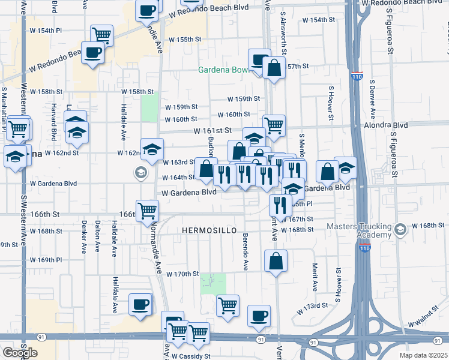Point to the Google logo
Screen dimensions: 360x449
point(20,353)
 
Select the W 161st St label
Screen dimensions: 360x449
point(212,130)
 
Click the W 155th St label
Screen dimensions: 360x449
point(184,40)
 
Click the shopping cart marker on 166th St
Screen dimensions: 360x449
point(147,211)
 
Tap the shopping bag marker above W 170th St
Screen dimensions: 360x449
point(276,261)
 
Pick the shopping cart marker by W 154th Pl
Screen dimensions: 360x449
point(102,35)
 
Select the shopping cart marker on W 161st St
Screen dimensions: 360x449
point(274,125)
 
